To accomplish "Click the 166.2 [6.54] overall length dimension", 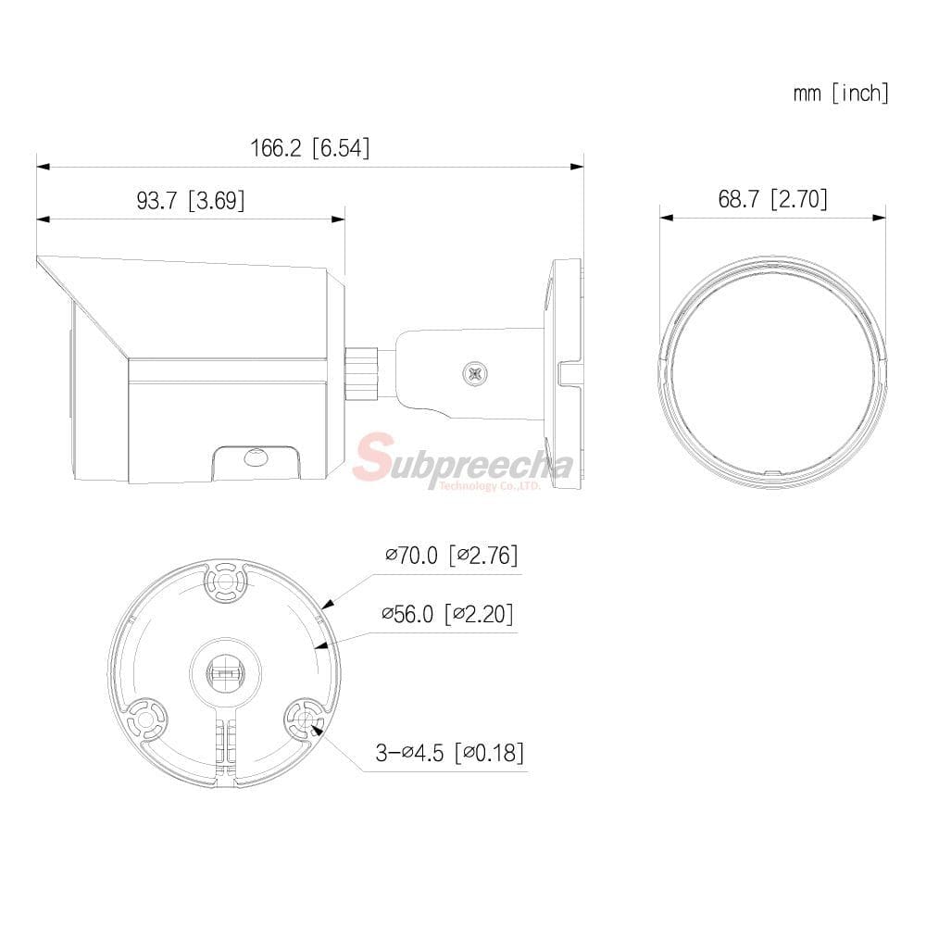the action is (310, 147).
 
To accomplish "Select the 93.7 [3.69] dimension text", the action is (190, 200).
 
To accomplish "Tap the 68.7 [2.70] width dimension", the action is (772, 199).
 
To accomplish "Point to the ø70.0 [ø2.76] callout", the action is (452, 555).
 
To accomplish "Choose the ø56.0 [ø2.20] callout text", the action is (447, 614).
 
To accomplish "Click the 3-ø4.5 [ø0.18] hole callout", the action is (450, 752).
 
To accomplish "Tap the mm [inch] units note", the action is (841, 93).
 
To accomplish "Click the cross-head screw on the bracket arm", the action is (475, 374).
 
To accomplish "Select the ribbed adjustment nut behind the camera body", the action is (361, 374).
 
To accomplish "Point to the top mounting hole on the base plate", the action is (225, 582).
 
